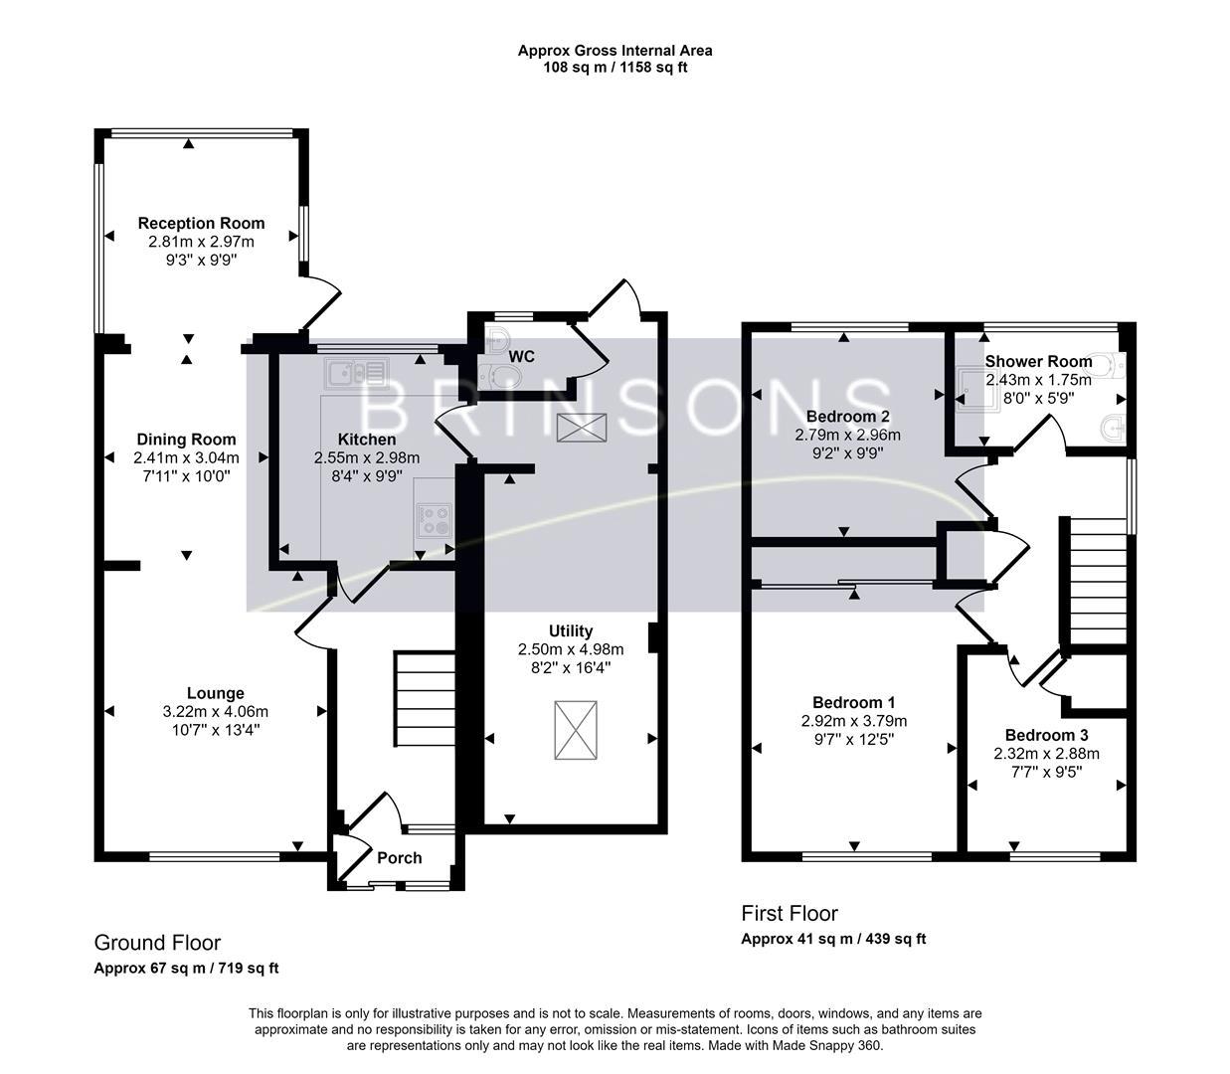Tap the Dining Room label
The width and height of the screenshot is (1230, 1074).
point(186,440)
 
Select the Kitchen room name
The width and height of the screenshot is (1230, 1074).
point(366,440)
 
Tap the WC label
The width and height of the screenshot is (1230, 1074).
point(522,356)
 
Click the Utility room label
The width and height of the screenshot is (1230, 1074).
point(570,630)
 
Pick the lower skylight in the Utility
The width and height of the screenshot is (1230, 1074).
point(576,730)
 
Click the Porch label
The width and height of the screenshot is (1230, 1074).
point(399,857)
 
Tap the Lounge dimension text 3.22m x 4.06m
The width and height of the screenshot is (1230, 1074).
point(215,712)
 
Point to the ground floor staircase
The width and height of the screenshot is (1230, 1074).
point(425,698)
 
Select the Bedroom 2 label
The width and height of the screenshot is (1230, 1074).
point(847,416)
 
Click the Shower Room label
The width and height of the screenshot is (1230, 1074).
point(1038,362)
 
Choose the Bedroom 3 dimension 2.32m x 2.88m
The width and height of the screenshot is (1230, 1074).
point(1046,754)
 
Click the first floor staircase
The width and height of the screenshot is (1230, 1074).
point(1098,582)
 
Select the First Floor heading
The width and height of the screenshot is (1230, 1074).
point(790,913)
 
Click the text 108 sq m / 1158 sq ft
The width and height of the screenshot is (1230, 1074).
point(615,68)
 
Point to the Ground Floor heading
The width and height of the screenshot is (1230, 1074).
point(157,943)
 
